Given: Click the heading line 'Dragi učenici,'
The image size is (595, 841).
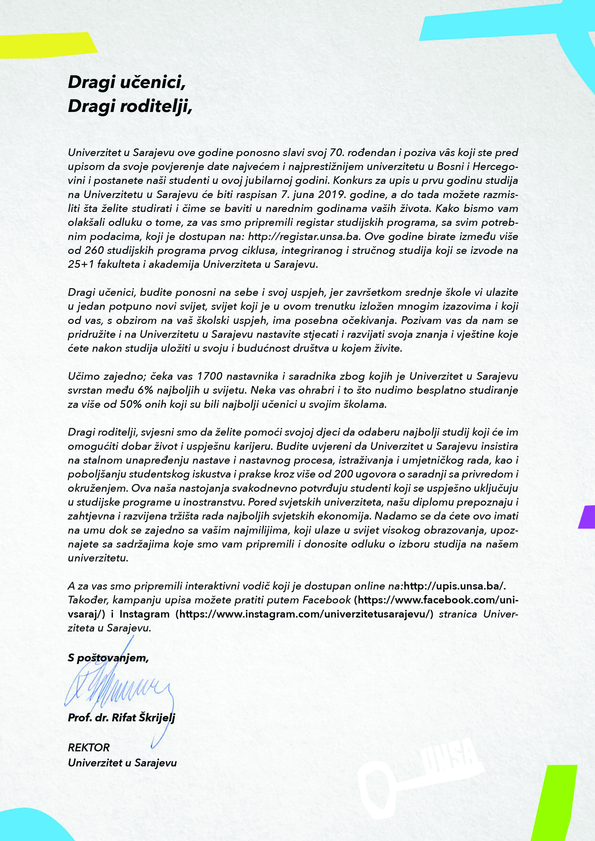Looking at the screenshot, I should (126, 82).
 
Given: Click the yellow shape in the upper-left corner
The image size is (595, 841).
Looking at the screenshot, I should (44, 46).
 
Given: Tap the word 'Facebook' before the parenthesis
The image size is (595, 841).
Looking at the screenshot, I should (327, 600).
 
